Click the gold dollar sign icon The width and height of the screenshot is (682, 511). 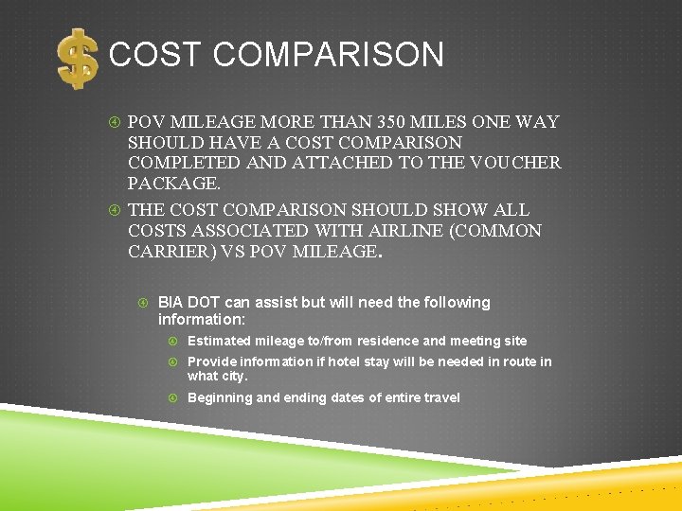77,59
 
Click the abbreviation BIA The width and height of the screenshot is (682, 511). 170,303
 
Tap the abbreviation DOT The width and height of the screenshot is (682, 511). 203,303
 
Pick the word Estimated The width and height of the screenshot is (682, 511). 220,341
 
